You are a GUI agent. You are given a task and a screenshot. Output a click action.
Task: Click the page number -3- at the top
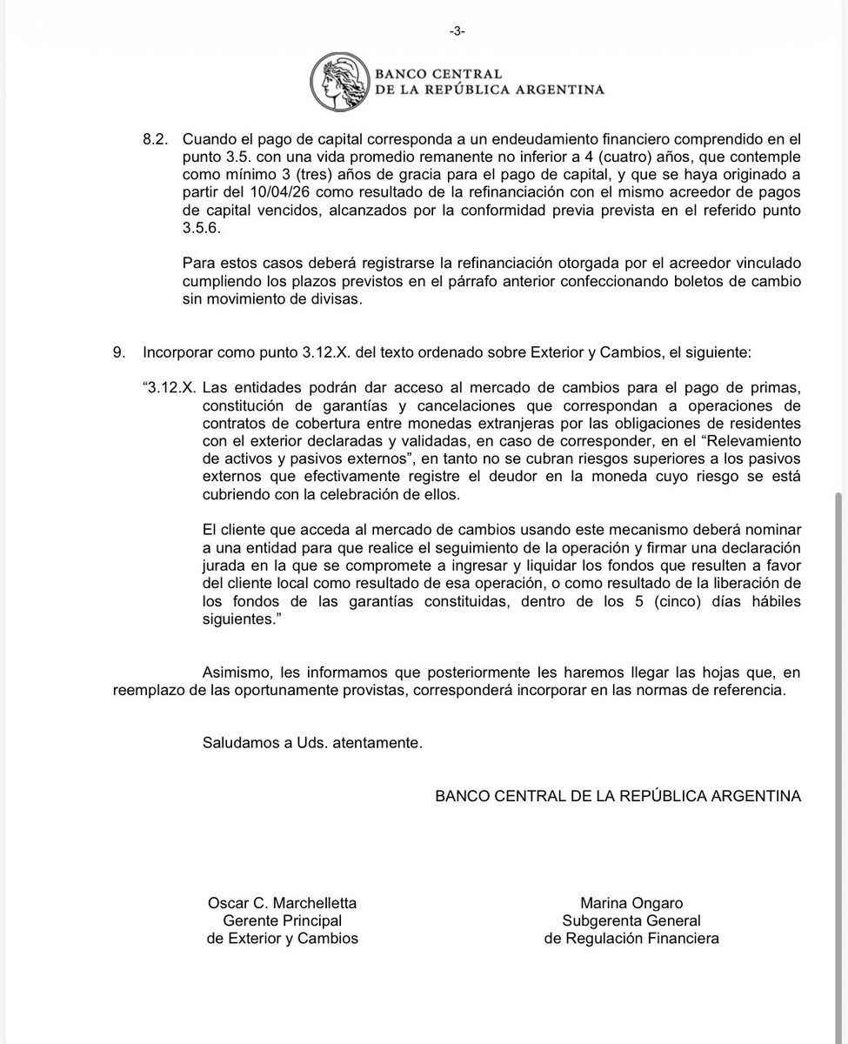click(x=457, y=30)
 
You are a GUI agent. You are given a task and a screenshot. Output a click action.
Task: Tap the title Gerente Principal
click(x=282, y=920)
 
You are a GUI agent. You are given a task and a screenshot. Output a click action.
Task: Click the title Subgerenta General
click(x=631, y=920)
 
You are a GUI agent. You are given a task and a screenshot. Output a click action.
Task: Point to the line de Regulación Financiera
click(x=631, y=938)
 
